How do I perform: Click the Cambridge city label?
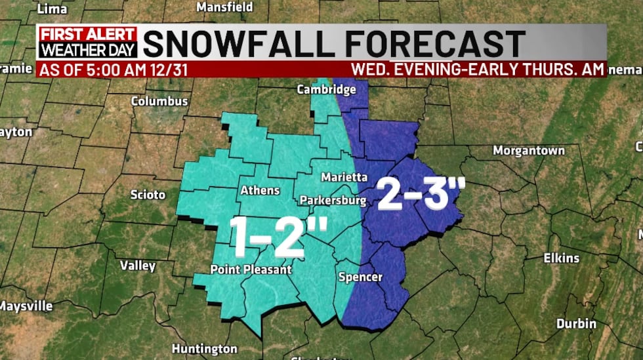[327, 89]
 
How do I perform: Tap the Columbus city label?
[159, 102]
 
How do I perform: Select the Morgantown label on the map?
[529, 151]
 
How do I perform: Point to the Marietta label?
[344, 177]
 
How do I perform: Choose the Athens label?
[260, 191]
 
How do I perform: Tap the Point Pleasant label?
[250, 270]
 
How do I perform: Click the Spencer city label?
[360, 277]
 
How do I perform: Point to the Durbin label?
[576, 323]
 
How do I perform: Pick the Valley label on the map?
[138, 266]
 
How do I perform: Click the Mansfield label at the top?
[225, 7]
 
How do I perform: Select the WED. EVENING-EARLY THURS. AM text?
[477, 70]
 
